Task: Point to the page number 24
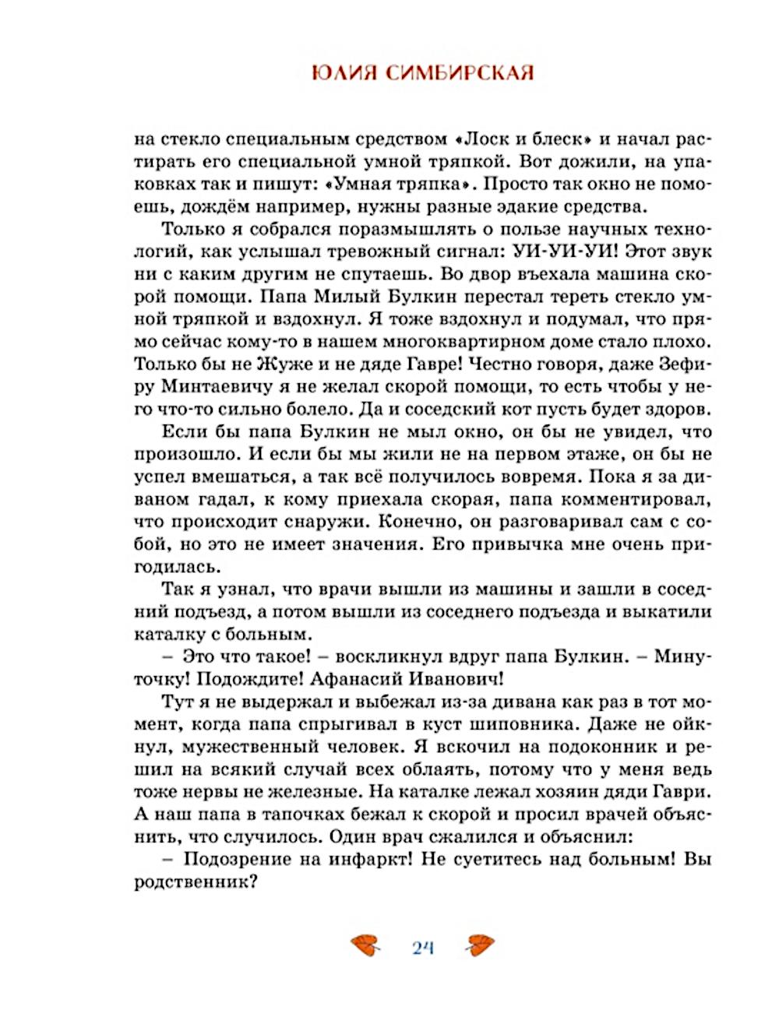[x=422, y=948]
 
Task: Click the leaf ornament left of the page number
[x=365, y=946]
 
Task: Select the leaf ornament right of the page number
[x=479, y=946]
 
